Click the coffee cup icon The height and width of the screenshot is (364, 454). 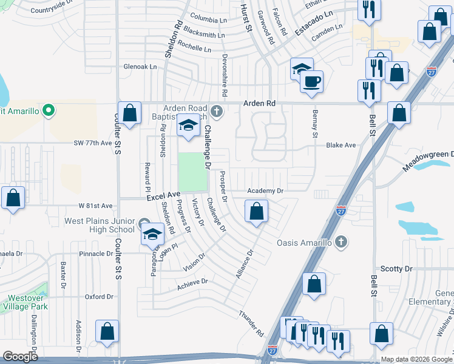[312, 81]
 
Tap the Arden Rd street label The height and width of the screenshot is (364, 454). [259, 104]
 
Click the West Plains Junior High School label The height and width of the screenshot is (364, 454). [100, 224]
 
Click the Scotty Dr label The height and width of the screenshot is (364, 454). [396, 268]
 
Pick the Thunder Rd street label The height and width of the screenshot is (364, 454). [251, 325]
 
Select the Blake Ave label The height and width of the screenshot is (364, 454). [340, 146]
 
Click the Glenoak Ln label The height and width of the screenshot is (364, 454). [137, 67]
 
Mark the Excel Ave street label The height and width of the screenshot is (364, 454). [163, 195]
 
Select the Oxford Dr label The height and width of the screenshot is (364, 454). [100, 297]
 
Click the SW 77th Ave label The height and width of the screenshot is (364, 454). [93, 143]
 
